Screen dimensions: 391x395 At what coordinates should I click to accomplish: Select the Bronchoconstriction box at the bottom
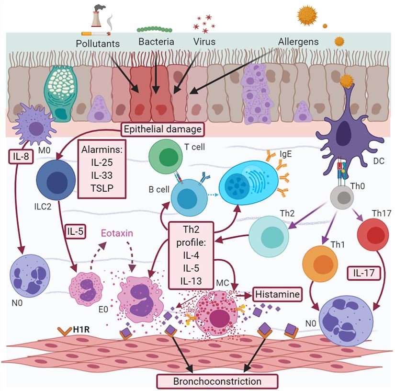(x=218, y=381)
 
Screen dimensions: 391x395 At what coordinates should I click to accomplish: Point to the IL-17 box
(x=363, y=274)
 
